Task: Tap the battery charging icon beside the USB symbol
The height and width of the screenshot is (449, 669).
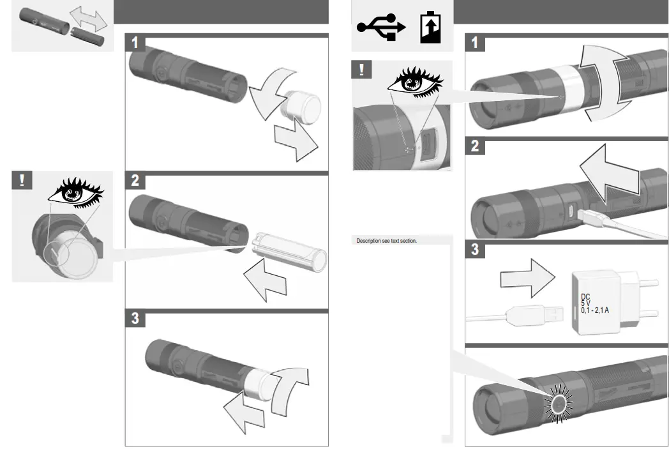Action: pos(430,28)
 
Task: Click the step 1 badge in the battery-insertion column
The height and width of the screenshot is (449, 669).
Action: pos(135,43)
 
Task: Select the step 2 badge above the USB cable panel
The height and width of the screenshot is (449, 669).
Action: pos(474,146)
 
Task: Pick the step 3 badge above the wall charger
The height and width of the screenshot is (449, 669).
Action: pos(474,249)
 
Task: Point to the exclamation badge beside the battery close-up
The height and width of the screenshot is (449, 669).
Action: pos(22,181)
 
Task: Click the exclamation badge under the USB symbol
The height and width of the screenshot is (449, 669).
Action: pos(363,70)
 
